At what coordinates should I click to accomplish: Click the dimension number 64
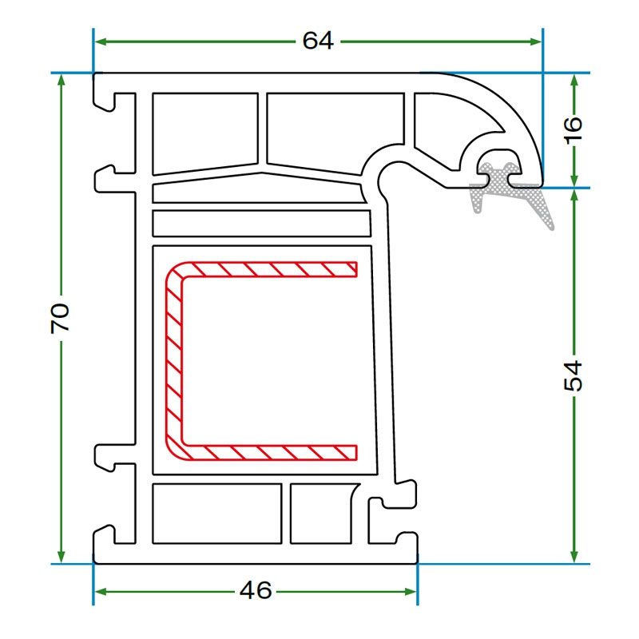click(x=318, y=41)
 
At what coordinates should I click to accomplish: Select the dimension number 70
click(x=60, y=318)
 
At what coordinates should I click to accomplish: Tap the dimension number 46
click(x=256, y=590)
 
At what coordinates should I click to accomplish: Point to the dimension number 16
click(x=573, y=130)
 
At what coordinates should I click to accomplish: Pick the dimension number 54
click(x=573, y=375)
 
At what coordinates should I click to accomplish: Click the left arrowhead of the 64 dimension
click(x=101, y=42)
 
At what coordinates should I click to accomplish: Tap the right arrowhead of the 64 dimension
click(x=536, y=42)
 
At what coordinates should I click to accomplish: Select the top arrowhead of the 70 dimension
click(x=62, y=80)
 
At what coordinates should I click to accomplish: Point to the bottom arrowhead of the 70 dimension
click(x=62, y=557)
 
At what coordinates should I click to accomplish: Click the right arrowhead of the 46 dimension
click(x=411, y=591)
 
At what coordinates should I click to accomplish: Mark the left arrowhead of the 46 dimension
click(x=101, y=591)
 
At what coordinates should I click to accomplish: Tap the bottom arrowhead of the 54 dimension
click(x=574, y=557)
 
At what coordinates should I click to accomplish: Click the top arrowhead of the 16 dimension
click(x=574, y=80)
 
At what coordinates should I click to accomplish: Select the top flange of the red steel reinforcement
click(x=269, y=269)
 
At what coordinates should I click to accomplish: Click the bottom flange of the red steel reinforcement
click(x=269, y=452)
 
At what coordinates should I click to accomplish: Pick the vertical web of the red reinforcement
click(x=173, y=361)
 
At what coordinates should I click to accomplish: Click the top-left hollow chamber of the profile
click(x=205, y=133)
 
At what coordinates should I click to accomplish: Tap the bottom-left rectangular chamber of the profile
click(x=216, y=514)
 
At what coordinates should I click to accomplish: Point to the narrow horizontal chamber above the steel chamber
click(x=261, y=224)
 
